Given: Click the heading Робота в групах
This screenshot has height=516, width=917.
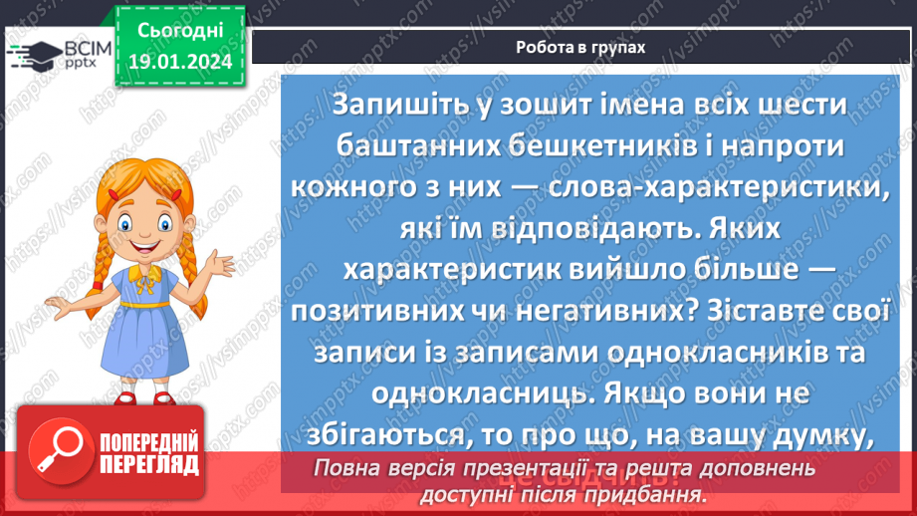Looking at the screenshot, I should tap(581, 47).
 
